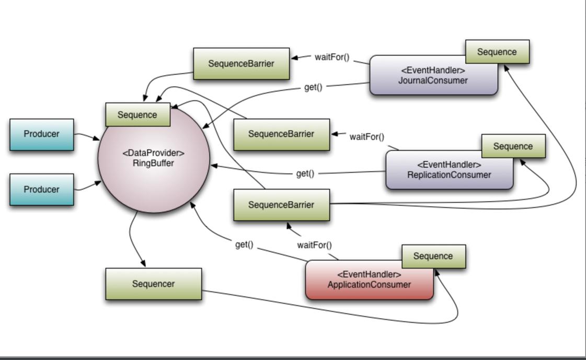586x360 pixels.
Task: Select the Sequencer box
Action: [153, 284]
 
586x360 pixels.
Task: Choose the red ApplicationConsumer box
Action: [369, 282]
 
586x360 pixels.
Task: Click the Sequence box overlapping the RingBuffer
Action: [137, 115]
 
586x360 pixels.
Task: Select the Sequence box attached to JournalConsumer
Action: [497, 52]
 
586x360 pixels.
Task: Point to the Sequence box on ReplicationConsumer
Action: [513, 146]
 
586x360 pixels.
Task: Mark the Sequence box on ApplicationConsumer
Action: [433, 256]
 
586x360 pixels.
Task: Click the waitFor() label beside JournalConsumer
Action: [332, 57]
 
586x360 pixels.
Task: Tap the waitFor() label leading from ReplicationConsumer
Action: [366, 137]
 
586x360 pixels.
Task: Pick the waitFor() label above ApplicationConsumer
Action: [314, 245]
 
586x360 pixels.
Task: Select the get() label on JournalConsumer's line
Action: [313, 87]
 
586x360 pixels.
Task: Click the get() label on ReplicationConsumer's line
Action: [305, 173]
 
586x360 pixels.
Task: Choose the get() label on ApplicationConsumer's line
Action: [244, 244]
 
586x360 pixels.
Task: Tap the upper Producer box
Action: [42, 134]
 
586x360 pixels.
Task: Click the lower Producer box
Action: [42, 190]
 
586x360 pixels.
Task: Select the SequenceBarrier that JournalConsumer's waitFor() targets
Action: [241, 64]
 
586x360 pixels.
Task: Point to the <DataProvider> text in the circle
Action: [154, 153]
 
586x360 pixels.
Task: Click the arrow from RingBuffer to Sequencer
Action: [133, 238]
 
